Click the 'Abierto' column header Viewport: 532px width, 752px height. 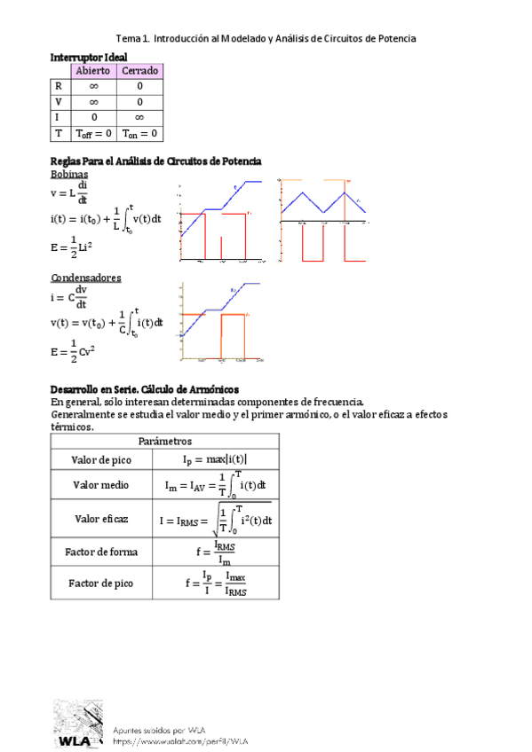coord(92,70)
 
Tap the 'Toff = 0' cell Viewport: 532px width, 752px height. coord(92,134)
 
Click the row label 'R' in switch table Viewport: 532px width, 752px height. coord(59,86)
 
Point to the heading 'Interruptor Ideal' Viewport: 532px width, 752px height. coord(89,57)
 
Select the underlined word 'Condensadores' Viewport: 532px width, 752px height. coord(85,278)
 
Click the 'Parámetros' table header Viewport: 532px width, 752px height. coord(164,441)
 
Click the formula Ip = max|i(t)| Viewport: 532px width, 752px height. coord(216,459)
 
